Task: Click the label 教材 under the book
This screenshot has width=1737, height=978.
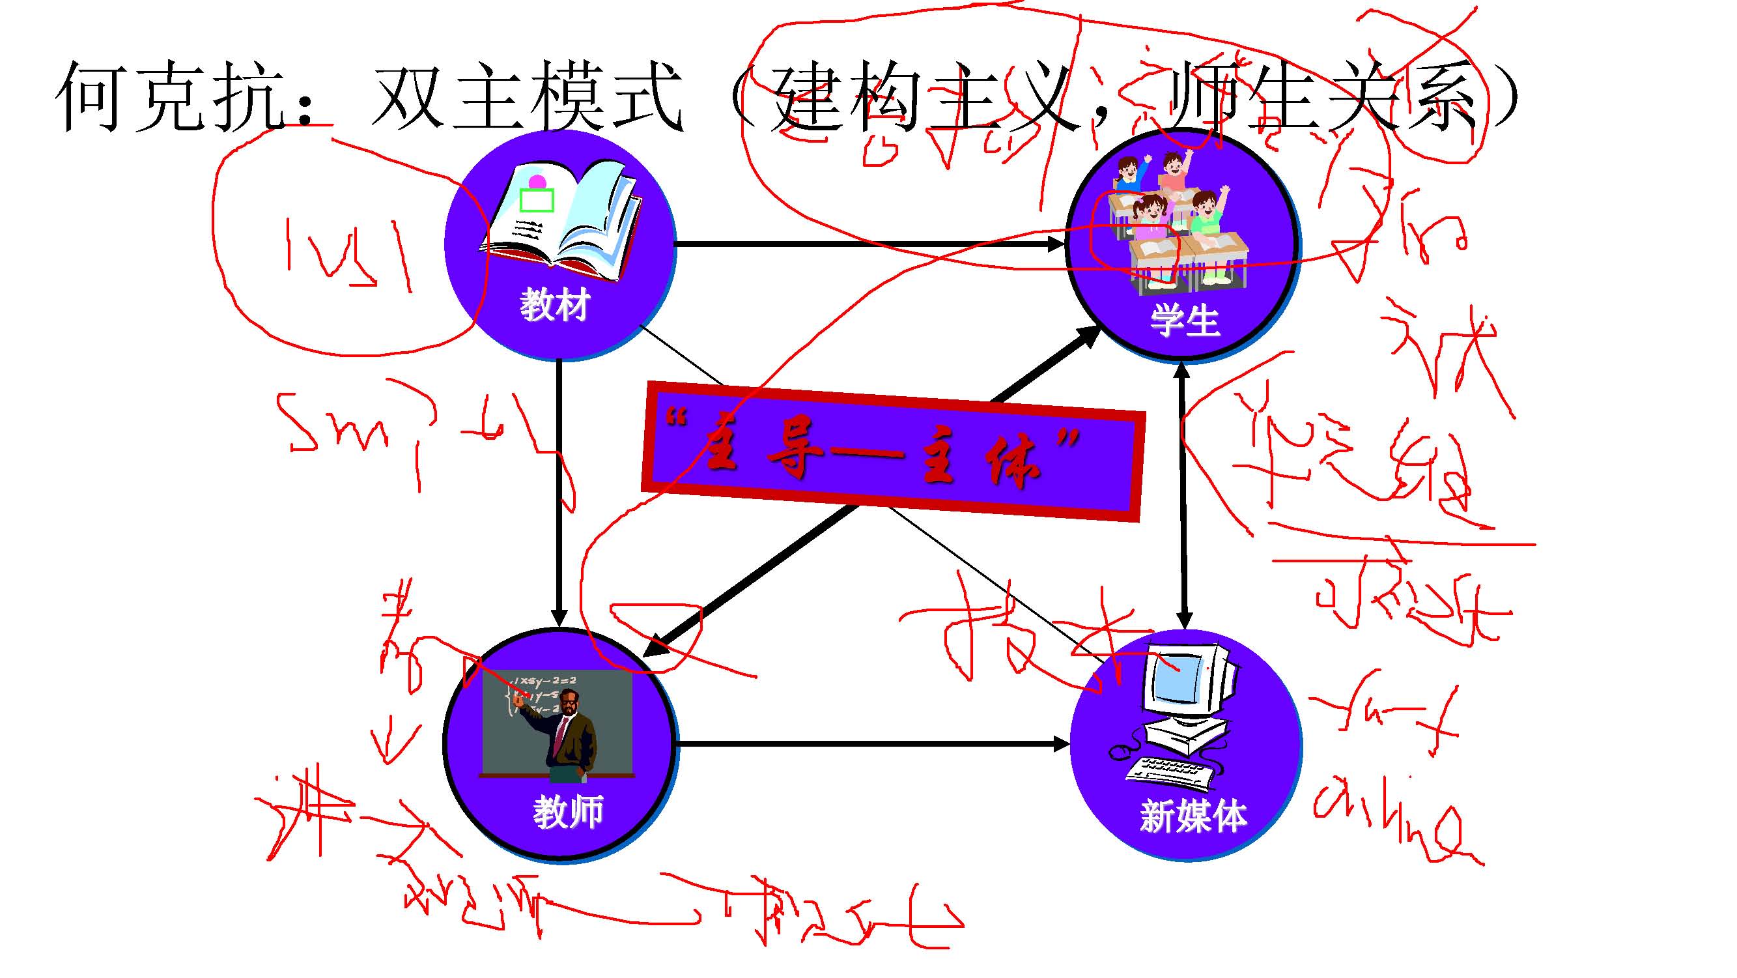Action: [554, 305]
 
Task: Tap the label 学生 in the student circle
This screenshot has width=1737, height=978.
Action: [1184, 321]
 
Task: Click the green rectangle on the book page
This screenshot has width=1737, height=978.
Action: [537, 200]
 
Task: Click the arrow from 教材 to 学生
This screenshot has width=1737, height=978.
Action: [870, 244]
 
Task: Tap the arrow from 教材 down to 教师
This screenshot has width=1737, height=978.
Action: [559, 493]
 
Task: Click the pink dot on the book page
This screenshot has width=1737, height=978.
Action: [537, 181]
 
